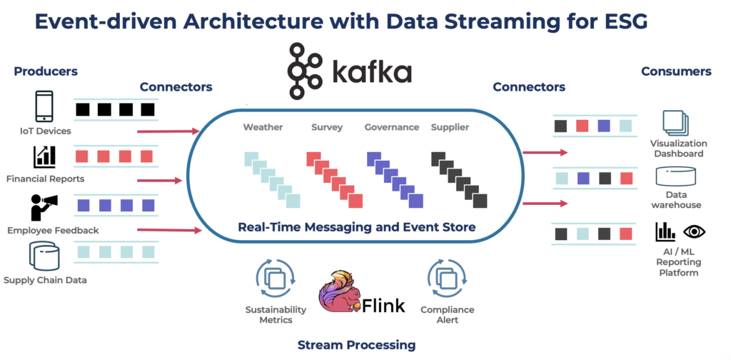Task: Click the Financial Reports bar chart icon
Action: pos(44,156)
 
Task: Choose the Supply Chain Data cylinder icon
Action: pos(44,256)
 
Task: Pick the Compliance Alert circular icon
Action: pos(447,279)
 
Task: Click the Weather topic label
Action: pos(263,128)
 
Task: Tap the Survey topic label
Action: pos(327,128)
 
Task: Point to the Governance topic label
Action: pos(391,128)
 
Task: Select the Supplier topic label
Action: pos(453,128)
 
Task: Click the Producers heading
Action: pos(45,71)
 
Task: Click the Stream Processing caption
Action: pos(356,345)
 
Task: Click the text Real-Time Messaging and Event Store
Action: pos(356,227)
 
